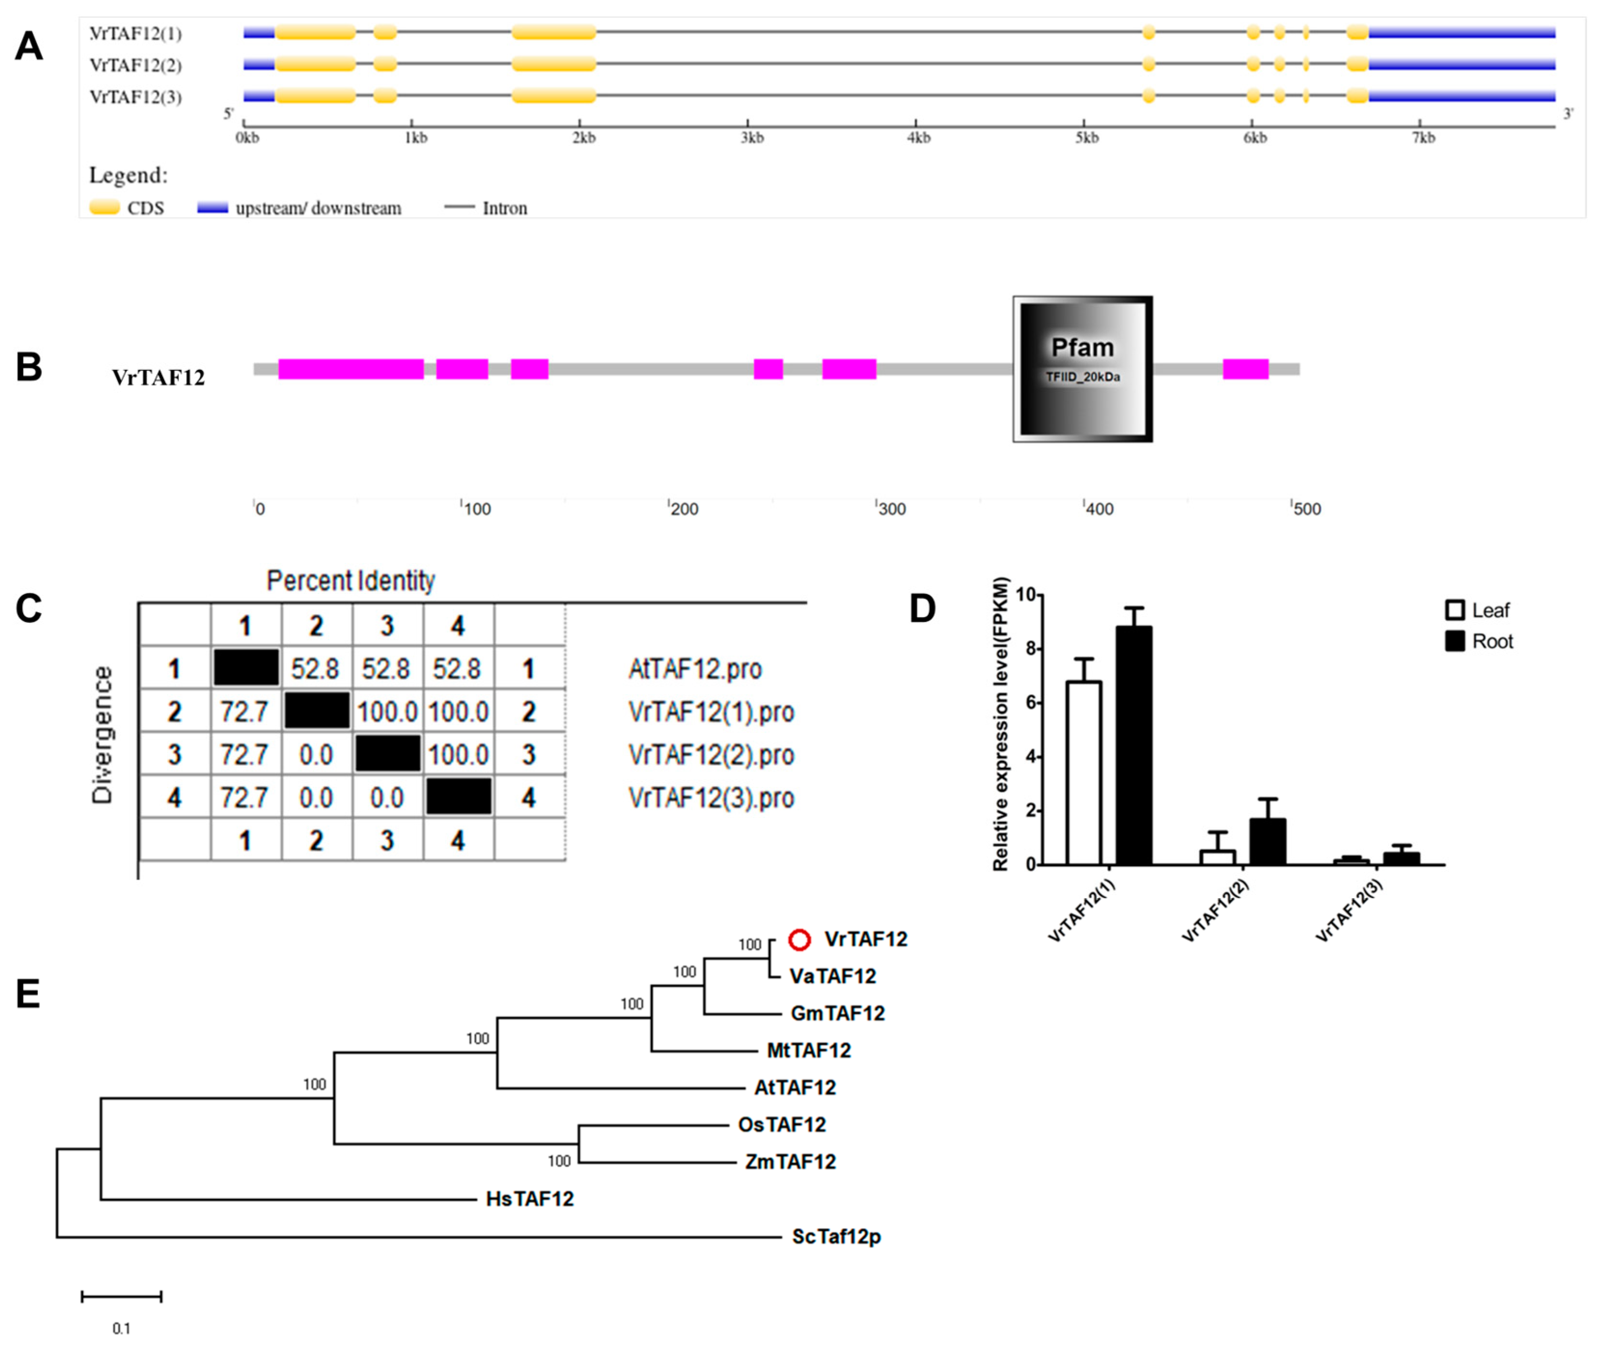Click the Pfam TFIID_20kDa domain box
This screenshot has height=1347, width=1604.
tap(1082, 369)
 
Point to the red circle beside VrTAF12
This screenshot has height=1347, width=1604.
tap(799, 940)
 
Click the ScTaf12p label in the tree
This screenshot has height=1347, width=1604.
tap(836, 1236)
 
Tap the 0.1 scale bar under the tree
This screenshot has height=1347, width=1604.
tap(122, 1297)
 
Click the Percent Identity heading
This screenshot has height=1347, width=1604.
tap(351, 581)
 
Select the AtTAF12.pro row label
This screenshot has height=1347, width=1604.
tap(694, 669)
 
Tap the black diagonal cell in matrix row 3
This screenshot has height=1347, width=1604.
tap(387, 754)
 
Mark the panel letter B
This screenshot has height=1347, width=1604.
tap(29, 367)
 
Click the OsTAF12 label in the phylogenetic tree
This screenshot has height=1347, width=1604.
tap(781, 1124)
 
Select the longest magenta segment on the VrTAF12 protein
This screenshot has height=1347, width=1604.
tap(351, 369)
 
